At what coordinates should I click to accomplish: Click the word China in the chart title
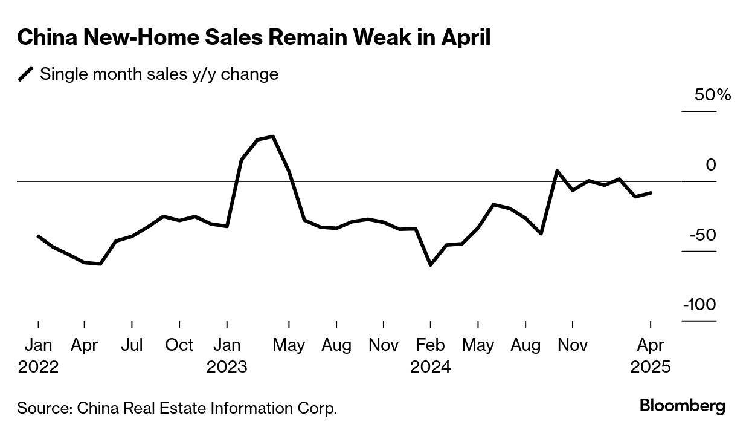coord(47,37)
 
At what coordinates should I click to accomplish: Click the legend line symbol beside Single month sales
coord(26,74)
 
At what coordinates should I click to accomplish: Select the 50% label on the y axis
coord(714,96)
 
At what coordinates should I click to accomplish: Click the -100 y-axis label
coord(699,305)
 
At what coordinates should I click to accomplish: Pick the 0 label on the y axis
coord(711,165)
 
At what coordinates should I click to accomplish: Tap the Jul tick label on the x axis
coord(132,345)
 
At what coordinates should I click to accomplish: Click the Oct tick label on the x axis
coord(179,345)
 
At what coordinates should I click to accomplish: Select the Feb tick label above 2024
coord(430,345)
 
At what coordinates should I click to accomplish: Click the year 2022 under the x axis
coord(38,367)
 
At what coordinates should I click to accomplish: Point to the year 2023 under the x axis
coord(227,367)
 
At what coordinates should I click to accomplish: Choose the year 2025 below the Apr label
coord(650,367)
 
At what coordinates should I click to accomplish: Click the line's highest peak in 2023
coord(274,137)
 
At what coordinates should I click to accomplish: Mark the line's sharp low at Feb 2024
coord(430,265)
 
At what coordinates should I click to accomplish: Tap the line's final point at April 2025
coord(651,192)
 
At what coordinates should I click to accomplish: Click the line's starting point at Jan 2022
coord(38,236)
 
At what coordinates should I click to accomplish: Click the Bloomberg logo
coord(683,406)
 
